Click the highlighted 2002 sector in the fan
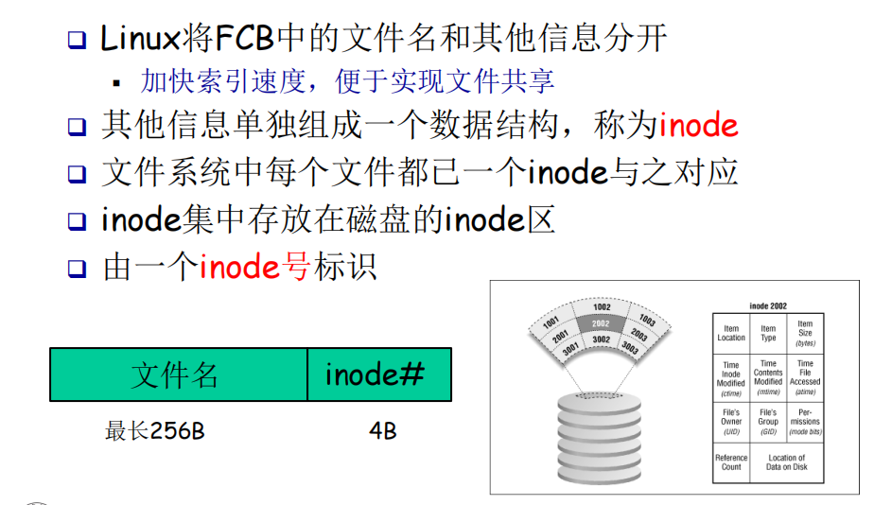click(x=601, y=323)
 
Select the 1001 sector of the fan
click(x=551, y=322)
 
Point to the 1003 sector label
click(x=648, y=320)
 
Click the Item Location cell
click(x=731, y=334)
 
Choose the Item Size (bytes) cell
click(x=805, y=333)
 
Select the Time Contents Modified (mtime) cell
click(x=768, y=376)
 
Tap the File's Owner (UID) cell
click(x=731, y=422)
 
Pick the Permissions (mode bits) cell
click(x=805, y=422)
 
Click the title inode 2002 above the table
click(x=767, y=306)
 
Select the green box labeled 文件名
click(x=178, y=374)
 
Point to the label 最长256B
click(x=154, y=432)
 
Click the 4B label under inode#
click(x=383, y=432)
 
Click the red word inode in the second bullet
click(x=698, y=126)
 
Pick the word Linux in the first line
click(x=140, y=39)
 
